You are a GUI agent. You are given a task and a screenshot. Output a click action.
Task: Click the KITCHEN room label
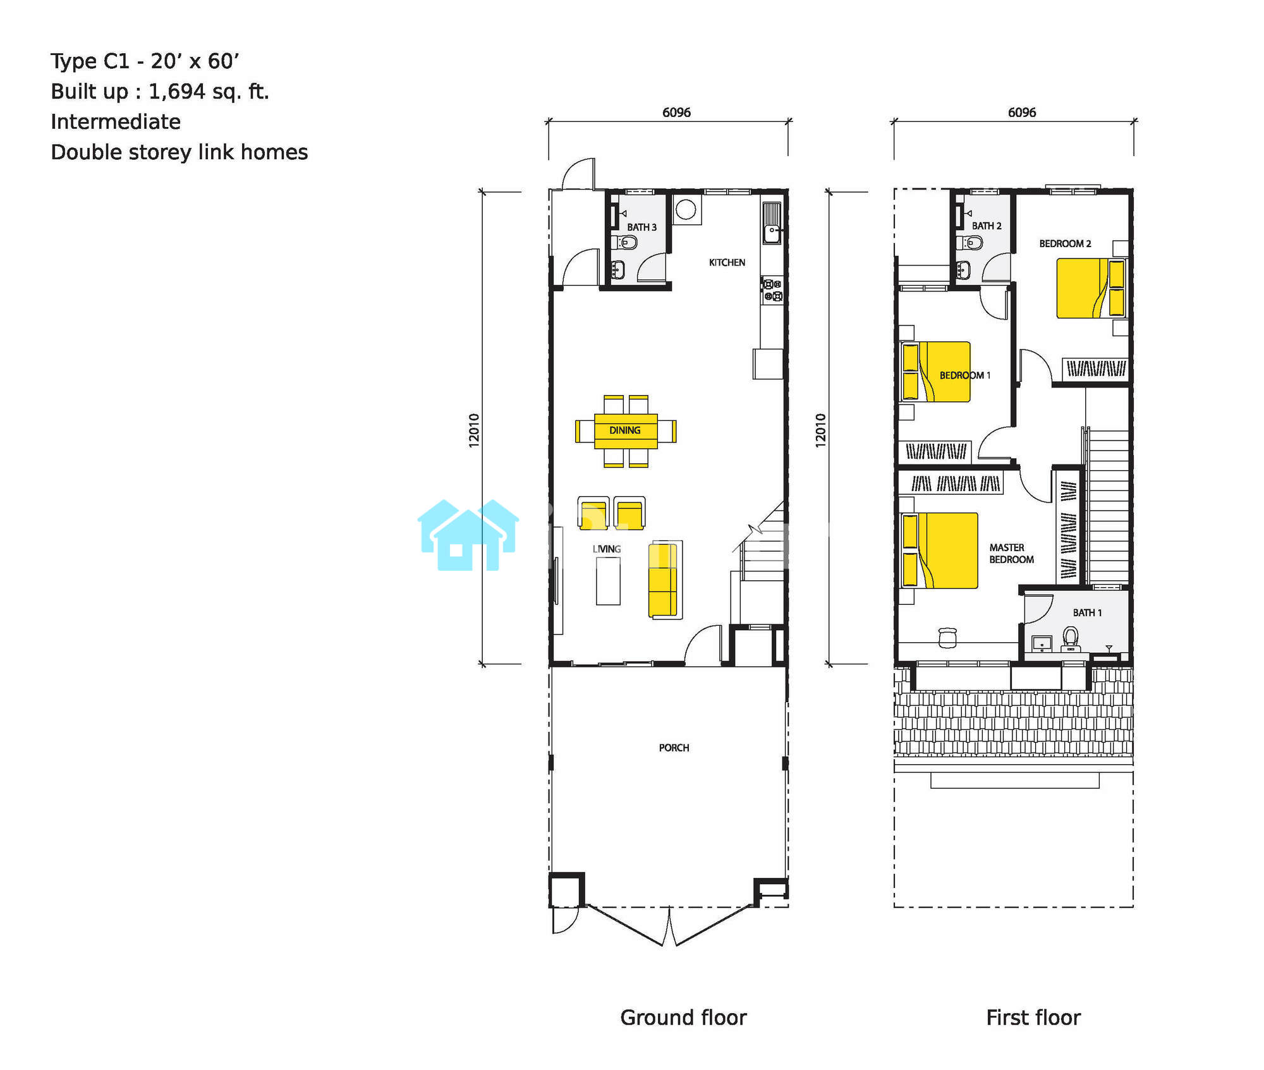click(x=727, y=262)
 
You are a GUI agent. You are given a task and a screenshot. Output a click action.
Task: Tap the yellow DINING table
click(x=626, y=430)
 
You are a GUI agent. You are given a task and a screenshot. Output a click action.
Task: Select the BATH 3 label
click(x=641, y=227)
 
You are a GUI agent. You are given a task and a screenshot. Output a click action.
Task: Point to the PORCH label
click(x=674, y=748)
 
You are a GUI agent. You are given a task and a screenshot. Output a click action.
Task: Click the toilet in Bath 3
click(x=626, y=242)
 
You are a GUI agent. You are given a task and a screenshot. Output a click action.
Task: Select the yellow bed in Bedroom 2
click(x=1091, y=288)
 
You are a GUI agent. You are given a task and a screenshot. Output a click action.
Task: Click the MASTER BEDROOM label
click(x=1011, y=554)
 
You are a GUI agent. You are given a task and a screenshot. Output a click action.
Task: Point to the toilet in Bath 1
click(x=1070, y=638)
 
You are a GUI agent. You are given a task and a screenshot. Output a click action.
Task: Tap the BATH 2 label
click(x=987, y=226)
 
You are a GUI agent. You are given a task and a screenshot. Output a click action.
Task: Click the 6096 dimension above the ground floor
click(x=676, y=112)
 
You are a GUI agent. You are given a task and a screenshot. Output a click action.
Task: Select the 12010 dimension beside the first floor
click(x=820, y=431)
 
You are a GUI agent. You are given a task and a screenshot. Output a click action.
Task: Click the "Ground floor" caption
click(x=683, y=1018)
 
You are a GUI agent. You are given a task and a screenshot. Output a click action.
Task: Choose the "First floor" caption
click(x=1033, y=1018)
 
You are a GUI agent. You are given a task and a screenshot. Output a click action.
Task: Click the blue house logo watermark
click(x=468, y=535)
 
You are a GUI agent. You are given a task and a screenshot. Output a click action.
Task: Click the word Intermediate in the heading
click(x=116, y=121)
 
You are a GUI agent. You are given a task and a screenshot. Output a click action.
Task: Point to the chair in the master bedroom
click(x=947, y=638)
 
